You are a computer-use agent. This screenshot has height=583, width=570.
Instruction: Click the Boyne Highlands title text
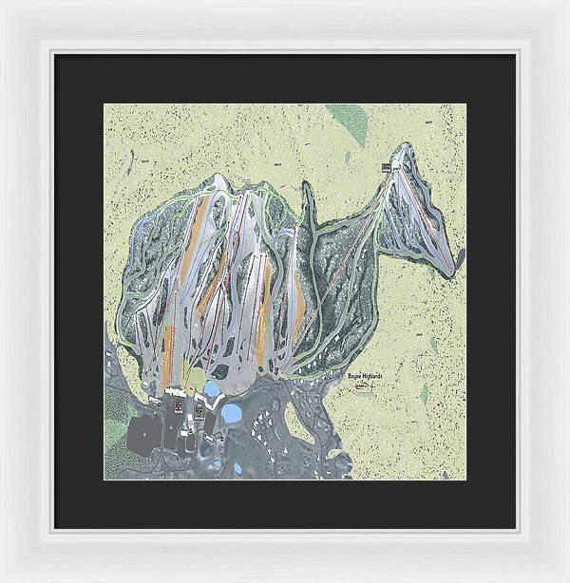click(365, 377)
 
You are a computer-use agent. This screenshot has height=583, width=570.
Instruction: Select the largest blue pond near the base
click(232, 413)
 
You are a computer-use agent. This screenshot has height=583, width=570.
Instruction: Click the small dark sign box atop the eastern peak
click(387, 167)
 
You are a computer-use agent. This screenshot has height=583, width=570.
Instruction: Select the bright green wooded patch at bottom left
click(114, 408)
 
